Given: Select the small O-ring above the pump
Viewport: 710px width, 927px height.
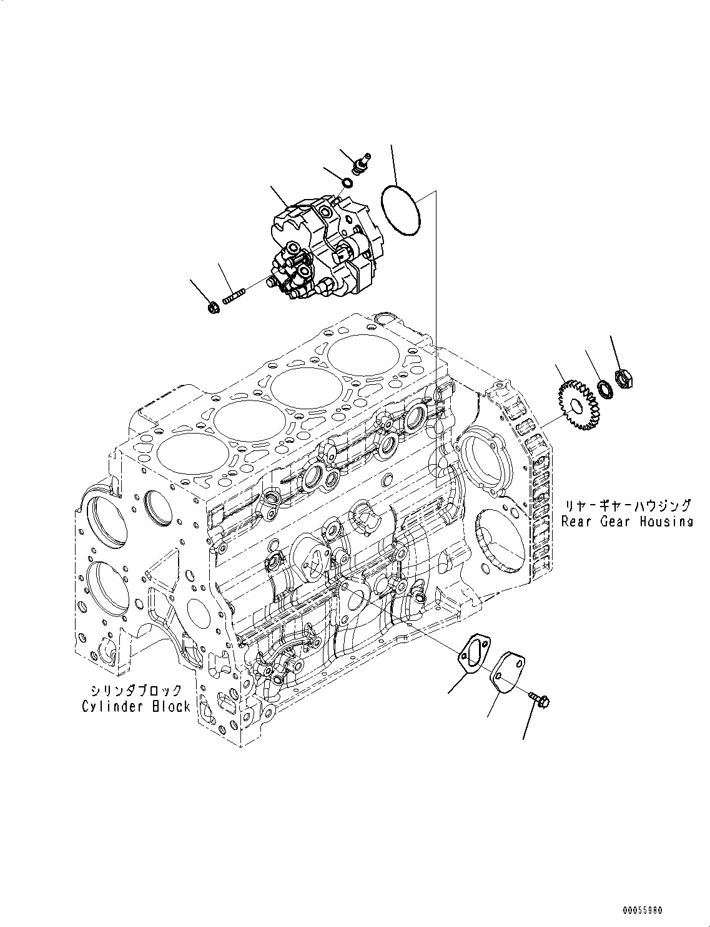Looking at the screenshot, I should pyautogui.click(x=347, y=182).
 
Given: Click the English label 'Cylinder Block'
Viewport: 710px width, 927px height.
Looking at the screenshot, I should pyautogui.click(x=136, y=706).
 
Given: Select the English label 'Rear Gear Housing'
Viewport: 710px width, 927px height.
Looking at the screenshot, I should pyautogui.click(x=626, y=522).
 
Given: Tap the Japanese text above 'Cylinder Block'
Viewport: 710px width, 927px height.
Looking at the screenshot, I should pyautogui.click(x=135, y=691).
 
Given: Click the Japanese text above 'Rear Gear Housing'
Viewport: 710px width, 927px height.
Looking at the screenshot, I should pyautogui.click(x=628, y=506).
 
